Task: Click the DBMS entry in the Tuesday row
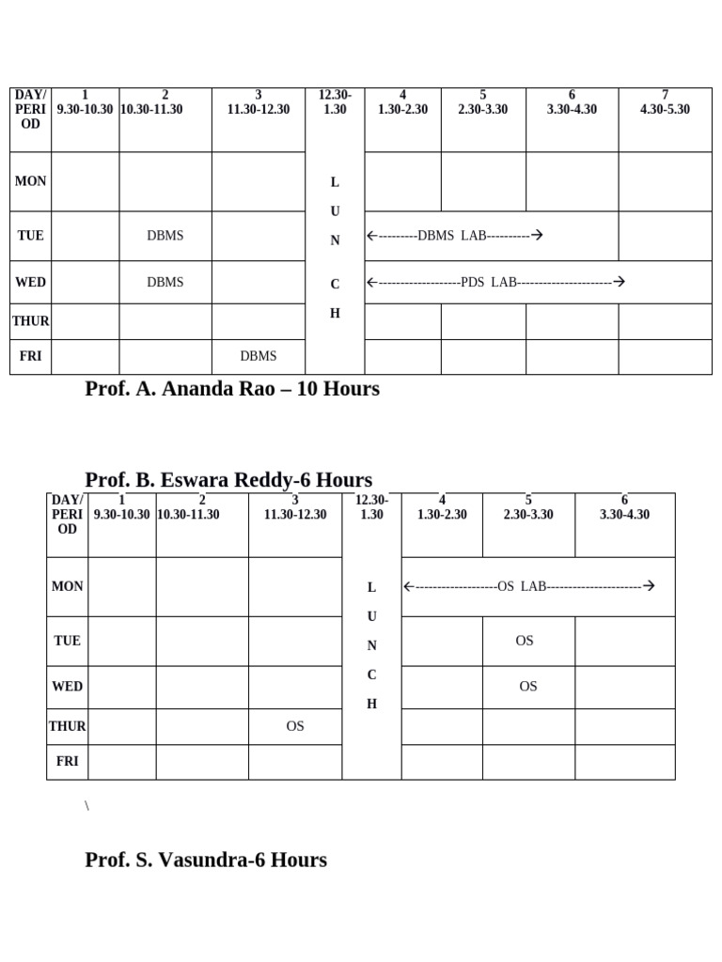[x=165, y=236]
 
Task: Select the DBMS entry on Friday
[x=259, y=356]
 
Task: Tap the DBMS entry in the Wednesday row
[x=165, y=282]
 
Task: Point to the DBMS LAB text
[x=452, y=236]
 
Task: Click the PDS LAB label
[x=490, y=282]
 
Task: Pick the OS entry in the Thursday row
[x=295, y=726]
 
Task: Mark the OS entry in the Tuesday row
[x=525, y=641]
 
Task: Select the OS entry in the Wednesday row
[x=528, y=687]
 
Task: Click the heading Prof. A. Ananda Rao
[x=232, y=389]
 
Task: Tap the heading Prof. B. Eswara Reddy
[x=228, y=480]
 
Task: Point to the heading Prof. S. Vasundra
[x=206, y=860]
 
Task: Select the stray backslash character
[x=86, y=806]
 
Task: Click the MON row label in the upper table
[x=30, y=181]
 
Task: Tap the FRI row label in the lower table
[x=67, y=762]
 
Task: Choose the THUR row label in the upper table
[x=30, y=321]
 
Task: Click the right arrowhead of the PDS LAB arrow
[x=620, y=282]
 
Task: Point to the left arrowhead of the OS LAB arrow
[x=408, y=586]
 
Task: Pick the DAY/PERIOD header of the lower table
[x=67, y=515]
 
